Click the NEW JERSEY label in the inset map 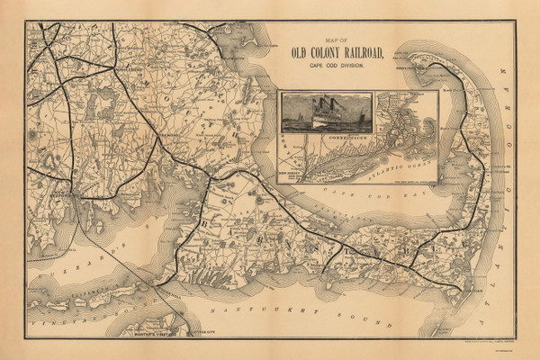(294, 167)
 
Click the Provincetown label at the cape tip (430, 66)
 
